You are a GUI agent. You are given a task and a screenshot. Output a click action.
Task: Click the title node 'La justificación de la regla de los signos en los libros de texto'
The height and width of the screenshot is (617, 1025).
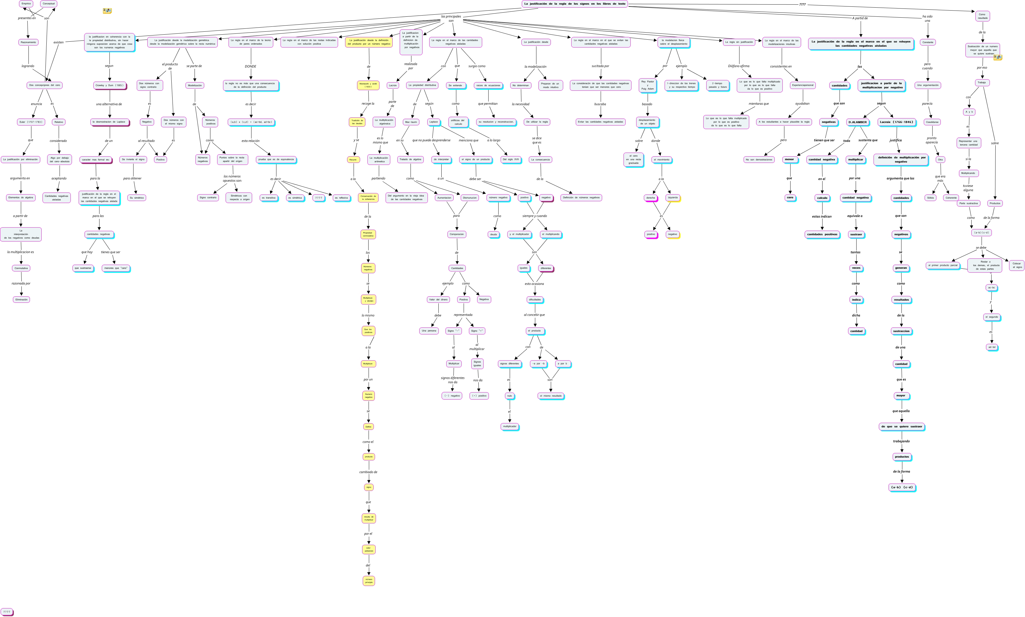click(574, 4)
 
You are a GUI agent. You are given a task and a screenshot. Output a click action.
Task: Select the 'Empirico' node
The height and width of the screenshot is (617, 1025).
click(26, 4)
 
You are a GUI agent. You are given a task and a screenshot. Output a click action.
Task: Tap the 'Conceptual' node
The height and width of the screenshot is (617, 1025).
click(49, 4)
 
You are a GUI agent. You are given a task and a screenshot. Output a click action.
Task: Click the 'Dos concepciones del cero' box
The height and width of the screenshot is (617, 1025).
click(45, 85)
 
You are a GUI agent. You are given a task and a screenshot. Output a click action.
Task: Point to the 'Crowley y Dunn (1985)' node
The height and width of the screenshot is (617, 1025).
click(110, 86)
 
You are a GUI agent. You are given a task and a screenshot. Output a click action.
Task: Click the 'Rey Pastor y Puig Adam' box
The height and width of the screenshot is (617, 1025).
click(647, 85)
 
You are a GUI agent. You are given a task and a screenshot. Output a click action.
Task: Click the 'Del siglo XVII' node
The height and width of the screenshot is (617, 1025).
click(511, 160)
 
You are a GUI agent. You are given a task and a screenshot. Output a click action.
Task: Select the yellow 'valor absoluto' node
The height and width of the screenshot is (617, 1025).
click(368, 550)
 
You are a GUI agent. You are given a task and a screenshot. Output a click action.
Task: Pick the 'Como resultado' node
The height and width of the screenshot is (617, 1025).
click(982, 16)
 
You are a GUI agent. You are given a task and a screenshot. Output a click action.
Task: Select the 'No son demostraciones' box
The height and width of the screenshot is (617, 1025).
click(759, 160)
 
